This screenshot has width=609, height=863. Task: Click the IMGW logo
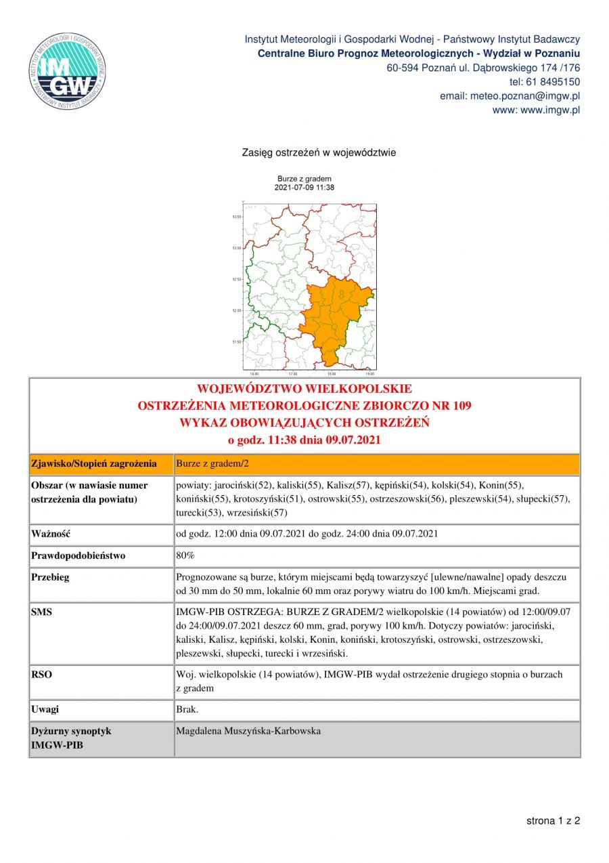(x=67, y=71)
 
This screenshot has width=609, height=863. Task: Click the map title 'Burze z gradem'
(x=304, y=179)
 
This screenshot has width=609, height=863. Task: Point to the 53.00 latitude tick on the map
(x=236, y=248)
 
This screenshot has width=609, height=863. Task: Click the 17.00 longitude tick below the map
(x=292, y=374)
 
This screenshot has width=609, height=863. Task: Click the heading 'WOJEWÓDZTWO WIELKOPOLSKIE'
(x=304, y=390)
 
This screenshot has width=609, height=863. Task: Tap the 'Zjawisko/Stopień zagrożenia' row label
(x=94, y=464)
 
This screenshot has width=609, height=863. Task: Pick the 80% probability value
(x=185, y=555)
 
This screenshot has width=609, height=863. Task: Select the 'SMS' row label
(x=42, y=612)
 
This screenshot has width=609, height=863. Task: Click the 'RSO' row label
(x=42, y=675)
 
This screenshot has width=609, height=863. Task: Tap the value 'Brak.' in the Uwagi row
(x=187, y=709)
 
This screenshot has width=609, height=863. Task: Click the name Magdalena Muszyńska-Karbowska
(x=248, y=731)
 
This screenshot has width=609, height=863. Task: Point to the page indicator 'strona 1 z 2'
(x=553, y=821)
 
